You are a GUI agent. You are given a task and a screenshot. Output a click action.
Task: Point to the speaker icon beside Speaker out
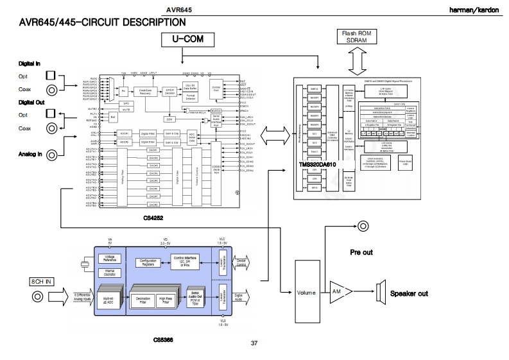377,293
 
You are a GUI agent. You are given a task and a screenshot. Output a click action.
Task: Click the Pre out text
361,252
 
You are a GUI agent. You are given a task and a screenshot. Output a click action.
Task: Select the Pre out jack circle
363,225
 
